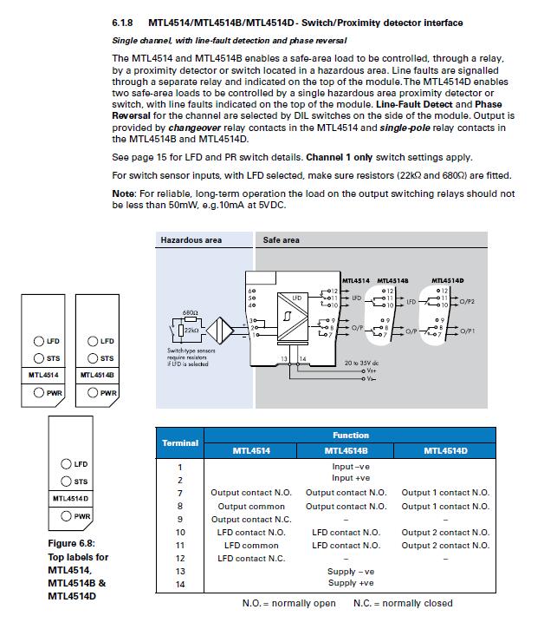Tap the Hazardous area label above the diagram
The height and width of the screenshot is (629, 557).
(x=191, y=240)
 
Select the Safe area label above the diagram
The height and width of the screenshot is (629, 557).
(x=282, y=240)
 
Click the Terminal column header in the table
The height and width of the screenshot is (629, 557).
(x=179, y=442)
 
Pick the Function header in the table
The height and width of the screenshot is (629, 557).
(x=350, y=436)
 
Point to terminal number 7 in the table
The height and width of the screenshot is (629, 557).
(x=180, y=493)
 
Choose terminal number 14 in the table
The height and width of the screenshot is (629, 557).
(x=180, y=585)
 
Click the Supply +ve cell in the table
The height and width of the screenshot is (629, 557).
(x=350, y=585)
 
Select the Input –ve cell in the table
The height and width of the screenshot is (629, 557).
(x=350, y=467)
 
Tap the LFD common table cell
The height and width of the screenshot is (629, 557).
(x=249, y=546)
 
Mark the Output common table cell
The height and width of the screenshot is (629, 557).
(x=249, y=506)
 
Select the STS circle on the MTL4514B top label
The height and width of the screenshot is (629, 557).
(x=93, y=358)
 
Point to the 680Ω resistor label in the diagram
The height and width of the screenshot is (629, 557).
(x=191, y=311)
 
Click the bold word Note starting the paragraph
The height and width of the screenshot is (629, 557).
(x=124, y=193)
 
